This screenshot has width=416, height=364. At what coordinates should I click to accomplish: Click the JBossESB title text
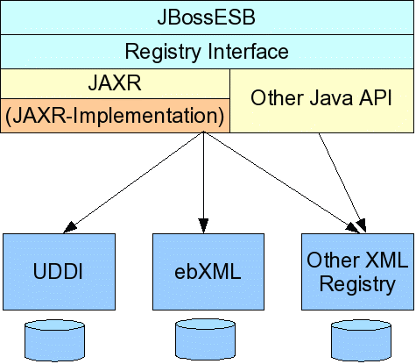click(x=207, y=17)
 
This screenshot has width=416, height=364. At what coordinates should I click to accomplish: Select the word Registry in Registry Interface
click(x=163, y=52)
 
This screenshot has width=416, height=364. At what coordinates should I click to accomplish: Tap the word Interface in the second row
click(x=249, y=51)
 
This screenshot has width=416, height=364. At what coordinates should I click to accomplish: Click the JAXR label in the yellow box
click(x=115, y=83)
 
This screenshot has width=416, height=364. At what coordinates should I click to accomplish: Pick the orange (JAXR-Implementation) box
click(x=115, y=116)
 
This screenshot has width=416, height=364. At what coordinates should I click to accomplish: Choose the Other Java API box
click(x=322, y=101)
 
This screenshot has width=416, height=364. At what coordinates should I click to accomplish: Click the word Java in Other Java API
click(x=331, y=97)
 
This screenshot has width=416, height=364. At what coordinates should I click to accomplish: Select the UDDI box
click(x=60, y=272)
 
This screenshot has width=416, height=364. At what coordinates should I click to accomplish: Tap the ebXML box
click(x=208, y=272)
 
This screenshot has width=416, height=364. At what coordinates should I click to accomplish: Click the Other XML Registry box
click(x=357, y=272)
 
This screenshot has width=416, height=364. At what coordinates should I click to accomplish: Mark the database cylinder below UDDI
click(x=54, y=341)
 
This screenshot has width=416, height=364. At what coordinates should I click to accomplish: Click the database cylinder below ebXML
click(x=205, y=339)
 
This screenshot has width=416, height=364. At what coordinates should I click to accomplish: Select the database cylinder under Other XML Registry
click(x=361, y=341)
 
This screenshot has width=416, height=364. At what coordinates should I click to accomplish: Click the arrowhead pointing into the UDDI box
click(x=69, y=228)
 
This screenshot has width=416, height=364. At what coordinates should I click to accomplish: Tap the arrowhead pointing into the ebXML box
click(x=203, y=226)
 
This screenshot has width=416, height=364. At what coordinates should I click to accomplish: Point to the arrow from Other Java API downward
click(x=342, y=183)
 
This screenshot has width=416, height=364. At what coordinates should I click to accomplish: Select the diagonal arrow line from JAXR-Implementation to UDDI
click(x=133, y=182)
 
